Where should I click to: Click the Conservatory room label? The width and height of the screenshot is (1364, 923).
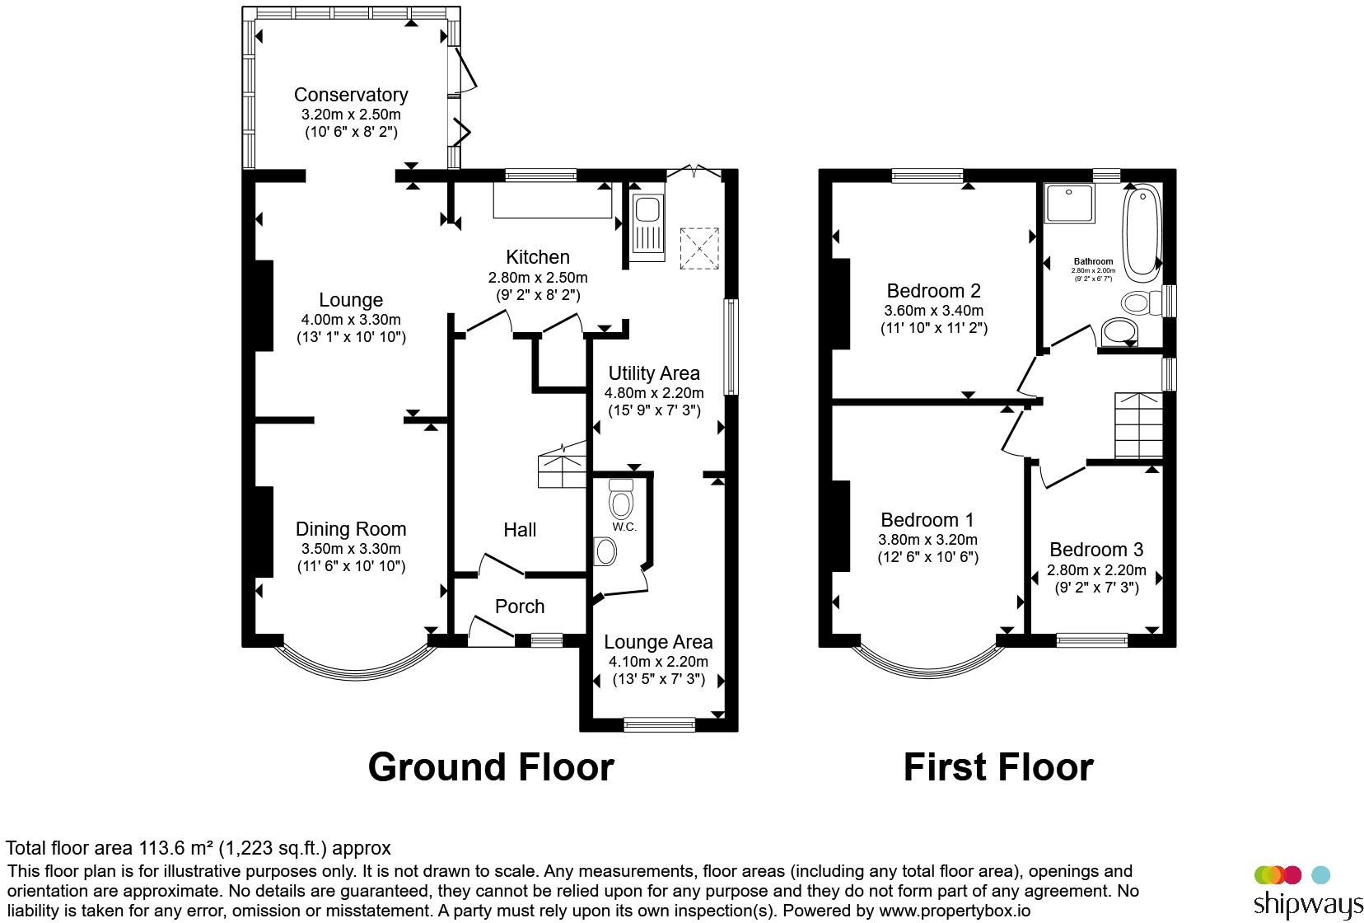click(351, 95)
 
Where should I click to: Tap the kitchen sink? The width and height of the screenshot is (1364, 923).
click(647, 227)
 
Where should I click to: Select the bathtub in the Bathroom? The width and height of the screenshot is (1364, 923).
click(1142, 232)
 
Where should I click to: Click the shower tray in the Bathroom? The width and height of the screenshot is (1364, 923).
click(1069, 204)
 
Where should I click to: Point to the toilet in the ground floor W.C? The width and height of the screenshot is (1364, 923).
click(621, 499)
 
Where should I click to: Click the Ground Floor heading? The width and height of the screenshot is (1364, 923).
click(491, 767)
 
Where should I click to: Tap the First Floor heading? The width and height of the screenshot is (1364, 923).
click(998, 767)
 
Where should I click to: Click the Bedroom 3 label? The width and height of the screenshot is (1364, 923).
click(1096, 550)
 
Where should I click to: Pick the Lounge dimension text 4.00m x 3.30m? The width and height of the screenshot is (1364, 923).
click(351, 319)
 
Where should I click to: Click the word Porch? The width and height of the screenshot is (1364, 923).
click(520, 607)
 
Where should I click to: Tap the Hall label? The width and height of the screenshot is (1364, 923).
click(520, 530)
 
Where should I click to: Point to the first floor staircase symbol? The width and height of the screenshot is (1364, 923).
click(1138, 425)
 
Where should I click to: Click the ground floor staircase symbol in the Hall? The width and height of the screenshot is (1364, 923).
click(562, 466)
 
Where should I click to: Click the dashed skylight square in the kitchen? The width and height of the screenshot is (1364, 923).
click(699, 249)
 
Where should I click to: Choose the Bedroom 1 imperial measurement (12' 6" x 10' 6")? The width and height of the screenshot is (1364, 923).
click(927, 557)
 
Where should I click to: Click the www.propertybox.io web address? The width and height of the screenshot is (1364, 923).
click(955, 911)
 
